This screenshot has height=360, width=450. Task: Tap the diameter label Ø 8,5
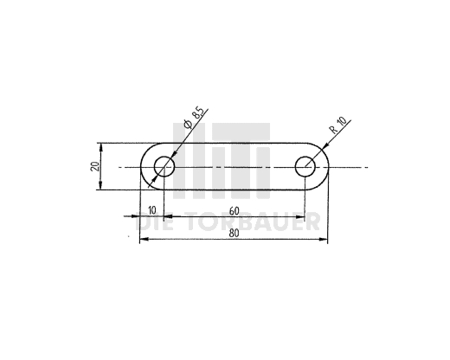point(195,119)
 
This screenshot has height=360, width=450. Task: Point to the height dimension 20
point(95,166)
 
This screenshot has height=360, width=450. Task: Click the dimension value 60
point(235,211)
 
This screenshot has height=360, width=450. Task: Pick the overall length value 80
point(234,234)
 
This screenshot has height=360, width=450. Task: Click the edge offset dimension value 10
point(151,210)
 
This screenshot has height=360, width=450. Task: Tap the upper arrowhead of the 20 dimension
point(100,146)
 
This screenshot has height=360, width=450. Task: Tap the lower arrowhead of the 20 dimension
point(100,186)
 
